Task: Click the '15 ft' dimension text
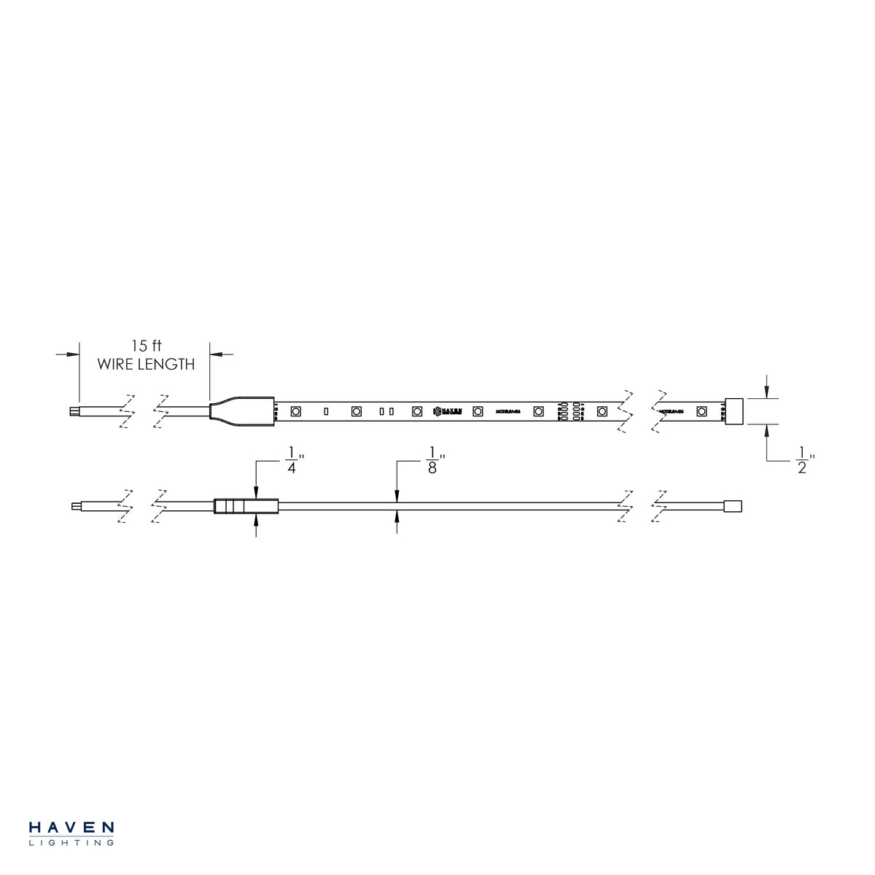[147, 346]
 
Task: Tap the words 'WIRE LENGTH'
[147, 364]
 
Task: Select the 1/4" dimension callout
[292, 462]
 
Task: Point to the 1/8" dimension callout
[432, 462]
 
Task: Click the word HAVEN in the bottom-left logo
[71, 828]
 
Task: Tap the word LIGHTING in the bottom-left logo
[71, 843]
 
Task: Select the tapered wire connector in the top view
[241, 411]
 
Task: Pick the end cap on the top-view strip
[734, 411]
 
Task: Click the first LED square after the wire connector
[296, 411]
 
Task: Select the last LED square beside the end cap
[701, 411]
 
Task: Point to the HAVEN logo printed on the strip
[448, 411]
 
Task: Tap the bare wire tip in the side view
[76, 506]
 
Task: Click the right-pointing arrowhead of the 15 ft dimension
[72, 354]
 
